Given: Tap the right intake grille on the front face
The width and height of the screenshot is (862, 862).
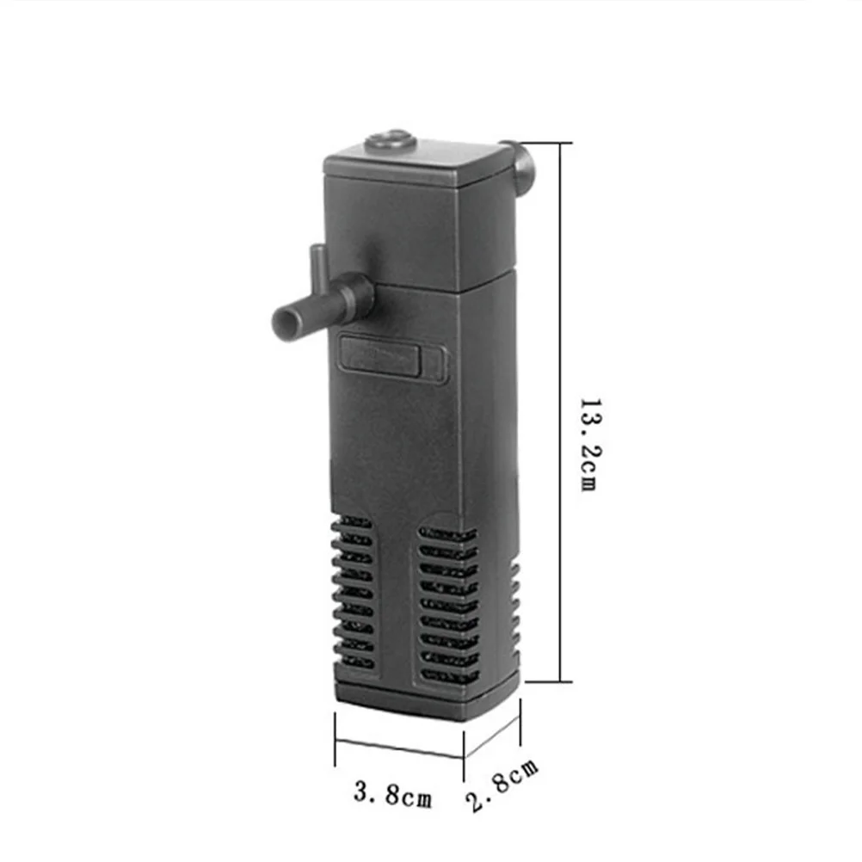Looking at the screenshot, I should (447, 602).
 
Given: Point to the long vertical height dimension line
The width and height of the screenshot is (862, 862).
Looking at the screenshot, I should (561, 413).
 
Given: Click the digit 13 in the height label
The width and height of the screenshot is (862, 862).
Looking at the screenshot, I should (588, 411).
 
